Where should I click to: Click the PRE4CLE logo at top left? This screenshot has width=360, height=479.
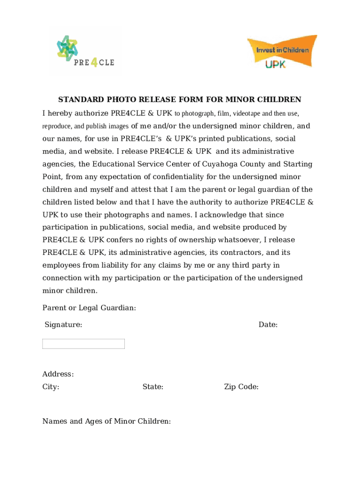click(85, 51)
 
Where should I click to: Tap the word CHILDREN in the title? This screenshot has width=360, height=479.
click(281, 100)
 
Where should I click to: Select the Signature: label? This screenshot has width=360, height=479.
click(63, 325)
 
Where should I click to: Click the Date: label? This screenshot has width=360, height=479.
click(268, 325)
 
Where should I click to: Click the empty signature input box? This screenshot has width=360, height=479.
click(83, 344)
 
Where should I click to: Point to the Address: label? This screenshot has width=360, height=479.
click(58, 374)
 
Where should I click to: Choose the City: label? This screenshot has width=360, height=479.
click(51, 387)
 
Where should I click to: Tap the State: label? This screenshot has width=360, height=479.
click(153, 387)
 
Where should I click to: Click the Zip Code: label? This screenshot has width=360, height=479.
click(241, 387)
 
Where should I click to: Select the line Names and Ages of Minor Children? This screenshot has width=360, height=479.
click(107, 421)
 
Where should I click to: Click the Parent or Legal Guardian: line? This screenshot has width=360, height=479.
click(89, 308)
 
